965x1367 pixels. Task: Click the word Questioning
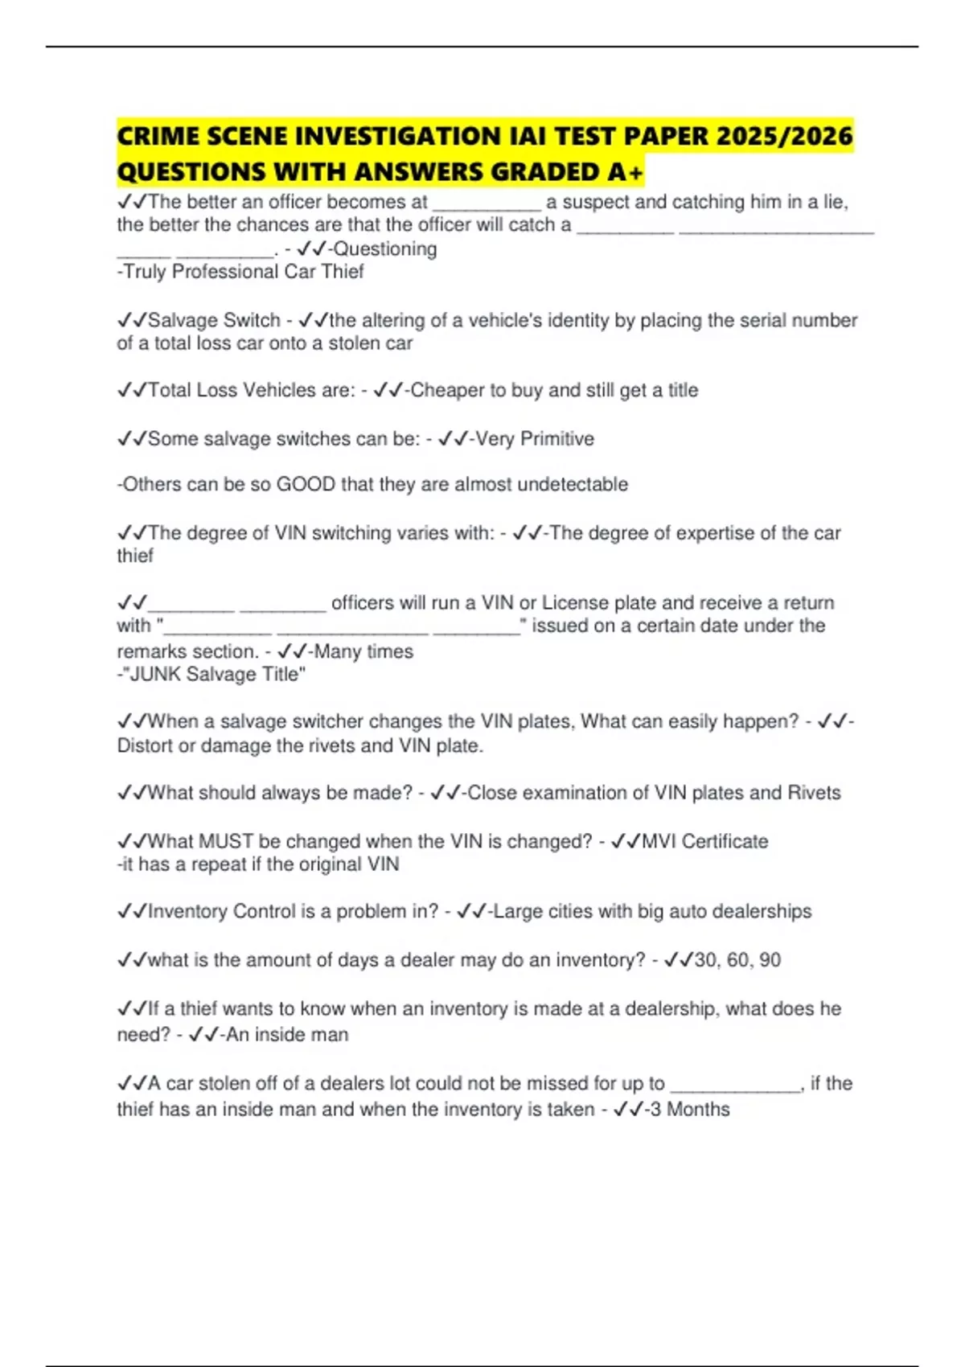[385, 249]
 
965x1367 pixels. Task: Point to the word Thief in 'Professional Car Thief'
[343, 272]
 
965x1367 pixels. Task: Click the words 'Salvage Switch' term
[214, 320]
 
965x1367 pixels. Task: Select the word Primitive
[557, 439]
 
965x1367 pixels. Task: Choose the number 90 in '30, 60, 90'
[770, 960]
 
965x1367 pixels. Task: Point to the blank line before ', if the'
[735, 1086]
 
